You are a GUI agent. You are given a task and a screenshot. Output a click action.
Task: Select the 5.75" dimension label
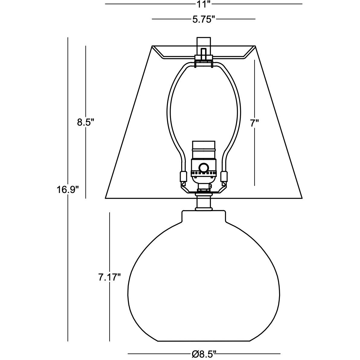pos(204,20)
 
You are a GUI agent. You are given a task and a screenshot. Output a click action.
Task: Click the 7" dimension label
pos(255,123)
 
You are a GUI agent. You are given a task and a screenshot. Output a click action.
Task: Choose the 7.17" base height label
pos(109,277)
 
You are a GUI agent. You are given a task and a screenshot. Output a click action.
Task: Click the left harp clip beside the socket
pos(182,176)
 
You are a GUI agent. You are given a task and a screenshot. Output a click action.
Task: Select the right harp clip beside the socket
pos(224,176)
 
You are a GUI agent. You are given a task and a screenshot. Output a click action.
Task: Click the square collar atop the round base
pos(204,216)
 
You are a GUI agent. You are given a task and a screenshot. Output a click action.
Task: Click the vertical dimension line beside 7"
pos(255,157)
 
